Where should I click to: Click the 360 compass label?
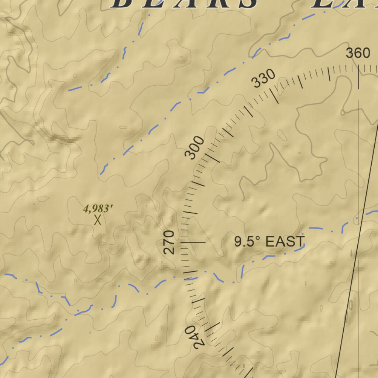[358, 53]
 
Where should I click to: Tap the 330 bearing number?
[264, 79]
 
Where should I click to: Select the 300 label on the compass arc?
[195, 148]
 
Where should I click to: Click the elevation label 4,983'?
[98, 209]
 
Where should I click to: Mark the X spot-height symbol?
[97, 220]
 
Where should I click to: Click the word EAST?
[285, 242]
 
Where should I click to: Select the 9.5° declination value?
[248, 242]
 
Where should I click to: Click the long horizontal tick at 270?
[192, 243]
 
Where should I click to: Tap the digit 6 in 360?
[358, 53]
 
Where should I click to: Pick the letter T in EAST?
[300, 242]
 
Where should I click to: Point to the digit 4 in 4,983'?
[86, 209]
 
